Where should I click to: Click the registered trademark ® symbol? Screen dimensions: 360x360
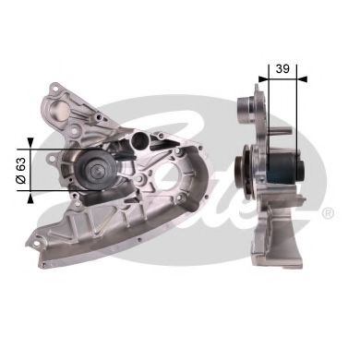[328, 213]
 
